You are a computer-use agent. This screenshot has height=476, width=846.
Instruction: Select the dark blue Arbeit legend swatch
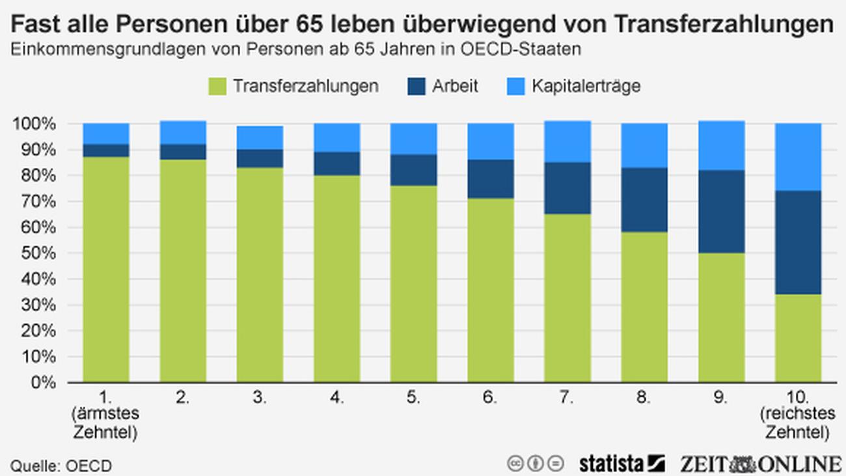(416, 87)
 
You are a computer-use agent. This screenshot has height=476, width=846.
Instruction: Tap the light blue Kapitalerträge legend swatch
(515, 87)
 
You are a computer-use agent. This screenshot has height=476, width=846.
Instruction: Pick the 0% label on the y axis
(44, 382)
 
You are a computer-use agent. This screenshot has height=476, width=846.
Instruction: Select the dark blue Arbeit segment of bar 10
(798, 242)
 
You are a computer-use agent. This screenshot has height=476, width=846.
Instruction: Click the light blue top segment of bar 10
(798, 157)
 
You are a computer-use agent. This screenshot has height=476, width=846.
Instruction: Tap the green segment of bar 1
(106, 270)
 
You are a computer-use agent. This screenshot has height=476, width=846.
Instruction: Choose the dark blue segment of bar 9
(721, 212)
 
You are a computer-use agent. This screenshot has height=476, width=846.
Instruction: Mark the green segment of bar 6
(491, 290)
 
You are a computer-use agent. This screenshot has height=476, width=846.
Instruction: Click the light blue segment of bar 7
(567, 141)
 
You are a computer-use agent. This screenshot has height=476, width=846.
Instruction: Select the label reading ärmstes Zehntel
(106, 423)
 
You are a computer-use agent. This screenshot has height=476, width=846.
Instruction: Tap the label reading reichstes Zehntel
(798, 423)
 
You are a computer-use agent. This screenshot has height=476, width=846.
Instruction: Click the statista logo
(621, 464)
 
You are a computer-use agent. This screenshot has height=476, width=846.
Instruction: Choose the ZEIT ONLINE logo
(760, 464)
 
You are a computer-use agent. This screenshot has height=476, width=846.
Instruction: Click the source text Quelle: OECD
(61, 466)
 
